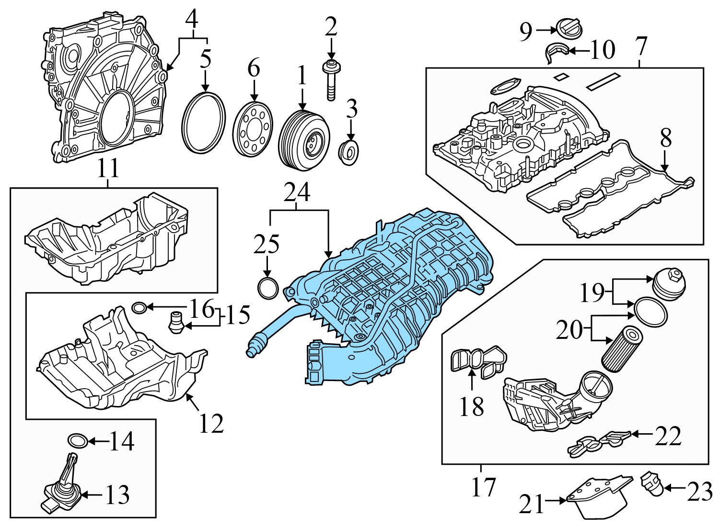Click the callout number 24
pos(297,193)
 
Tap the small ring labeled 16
pos(139,307)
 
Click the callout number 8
pos(665,139)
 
